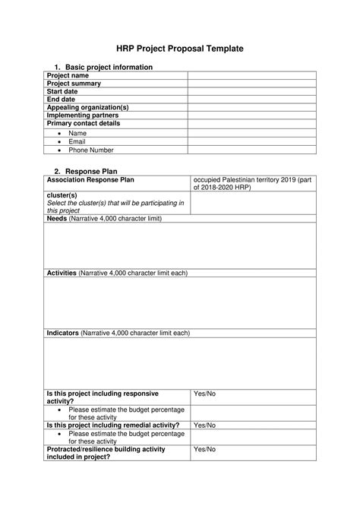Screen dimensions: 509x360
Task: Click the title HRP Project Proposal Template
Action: pos(179,48)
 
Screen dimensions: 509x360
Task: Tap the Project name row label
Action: pos(68,76)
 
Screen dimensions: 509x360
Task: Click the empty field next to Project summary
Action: pos(251,84)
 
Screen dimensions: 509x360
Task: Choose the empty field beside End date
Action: pos(251,100)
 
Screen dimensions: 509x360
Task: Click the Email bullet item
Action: pos(77,141)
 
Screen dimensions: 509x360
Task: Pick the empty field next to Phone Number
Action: pos(251,150)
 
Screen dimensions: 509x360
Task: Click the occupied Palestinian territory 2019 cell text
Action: pos(254,183)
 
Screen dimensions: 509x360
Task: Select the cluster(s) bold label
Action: pos(62,195)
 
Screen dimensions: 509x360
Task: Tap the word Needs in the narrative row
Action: pos(57,218)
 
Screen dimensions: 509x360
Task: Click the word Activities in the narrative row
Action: pos(62,273)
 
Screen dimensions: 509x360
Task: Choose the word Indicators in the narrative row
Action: pos(63,333)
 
